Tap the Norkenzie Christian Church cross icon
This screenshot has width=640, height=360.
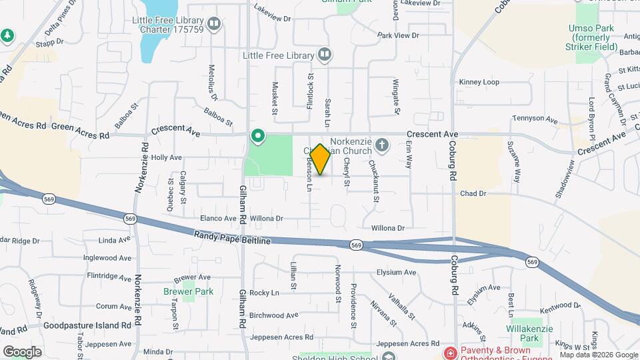(382, 145)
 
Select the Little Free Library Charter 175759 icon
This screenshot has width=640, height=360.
(213, 25)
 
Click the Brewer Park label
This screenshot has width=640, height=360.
(179, 291)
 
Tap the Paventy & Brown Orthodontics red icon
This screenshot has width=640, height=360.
(451, 352)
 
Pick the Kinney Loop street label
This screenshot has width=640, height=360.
(479, 82)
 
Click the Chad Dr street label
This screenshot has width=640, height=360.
(473, 193)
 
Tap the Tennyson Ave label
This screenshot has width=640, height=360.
(534, 119)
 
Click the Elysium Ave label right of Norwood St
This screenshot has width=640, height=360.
(396, 272)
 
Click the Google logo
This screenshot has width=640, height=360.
(22, 351)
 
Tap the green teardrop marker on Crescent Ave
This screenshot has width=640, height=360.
(258, 137)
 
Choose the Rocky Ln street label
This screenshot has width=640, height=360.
(265, 293)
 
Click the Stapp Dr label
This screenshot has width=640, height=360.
(50, 41)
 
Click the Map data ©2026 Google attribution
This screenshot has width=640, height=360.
(599, 355)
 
